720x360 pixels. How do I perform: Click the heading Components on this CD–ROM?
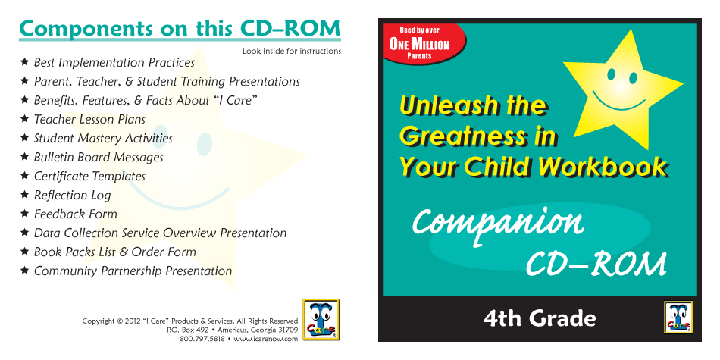pos(180,30)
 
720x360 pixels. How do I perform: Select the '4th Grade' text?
pos(540,318)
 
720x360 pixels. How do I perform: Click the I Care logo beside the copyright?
pos(321,319)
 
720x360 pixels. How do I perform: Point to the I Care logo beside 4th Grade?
pos(678,317)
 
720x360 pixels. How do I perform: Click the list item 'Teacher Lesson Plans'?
pos(89,120)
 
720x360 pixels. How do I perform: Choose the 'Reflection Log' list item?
pos(72,195)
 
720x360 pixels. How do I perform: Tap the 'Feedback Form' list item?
pos(75,214)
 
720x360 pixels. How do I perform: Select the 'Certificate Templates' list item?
pos(89,177)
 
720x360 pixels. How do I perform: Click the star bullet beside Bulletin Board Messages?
pos(25,157)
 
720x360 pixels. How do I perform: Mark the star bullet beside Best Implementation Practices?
pos(25,61)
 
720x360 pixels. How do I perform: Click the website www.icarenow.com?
pos(265,339)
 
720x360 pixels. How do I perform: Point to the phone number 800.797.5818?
pos(202,339)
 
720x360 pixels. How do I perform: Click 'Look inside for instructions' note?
pos(292,51)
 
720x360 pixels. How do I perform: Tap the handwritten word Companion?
pos(498,224)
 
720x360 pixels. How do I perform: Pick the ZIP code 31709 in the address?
pos(288,330)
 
